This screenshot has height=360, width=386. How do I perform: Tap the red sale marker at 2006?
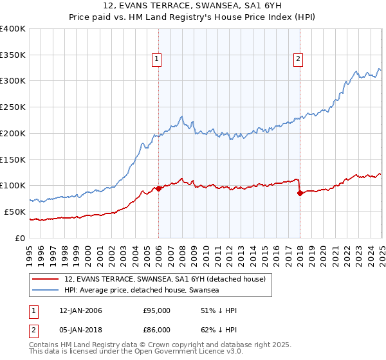tap(158, 188)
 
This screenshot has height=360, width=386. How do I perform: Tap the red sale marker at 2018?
tap(300, 193)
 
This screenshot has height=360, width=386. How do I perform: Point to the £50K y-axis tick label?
tap(15, 212)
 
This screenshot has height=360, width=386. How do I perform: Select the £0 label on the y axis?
tap(21, 238)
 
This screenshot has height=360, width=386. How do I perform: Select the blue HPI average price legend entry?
tap(142, 291)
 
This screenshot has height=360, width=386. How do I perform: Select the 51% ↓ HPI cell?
tap(219, 310)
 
